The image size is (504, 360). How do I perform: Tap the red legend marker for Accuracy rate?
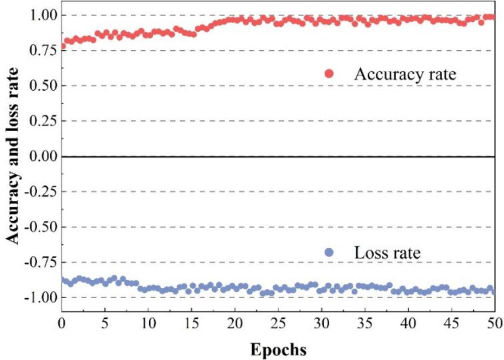coord(329,74)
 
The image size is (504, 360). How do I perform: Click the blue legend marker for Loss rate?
coord(329,253)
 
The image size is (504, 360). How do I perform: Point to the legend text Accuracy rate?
coord(405,74)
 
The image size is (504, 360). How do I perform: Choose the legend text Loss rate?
coord(387,253)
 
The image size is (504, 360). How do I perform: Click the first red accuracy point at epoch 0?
coord(63,46)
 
